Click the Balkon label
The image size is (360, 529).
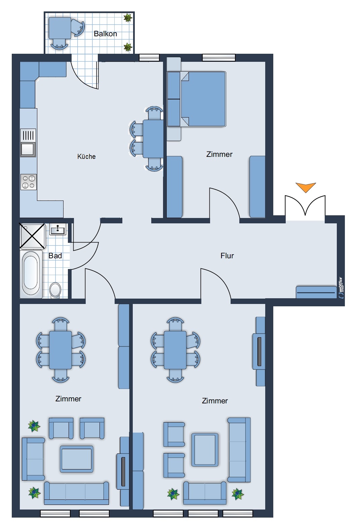105,34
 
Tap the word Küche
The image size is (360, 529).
86,156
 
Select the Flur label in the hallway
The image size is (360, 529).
227,256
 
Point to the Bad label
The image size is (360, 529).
55,256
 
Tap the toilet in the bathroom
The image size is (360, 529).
55,290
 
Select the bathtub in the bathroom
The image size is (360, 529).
31,274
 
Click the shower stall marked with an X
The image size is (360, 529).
32,236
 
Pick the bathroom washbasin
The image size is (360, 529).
58,229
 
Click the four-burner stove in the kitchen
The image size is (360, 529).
28,182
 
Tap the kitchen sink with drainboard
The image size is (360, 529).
28,143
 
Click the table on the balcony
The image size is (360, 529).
60,28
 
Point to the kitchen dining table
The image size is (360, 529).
153,139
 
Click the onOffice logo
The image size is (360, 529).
341,288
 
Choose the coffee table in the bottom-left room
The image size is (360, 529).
76,459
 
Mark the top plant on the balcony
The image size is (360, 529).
128,18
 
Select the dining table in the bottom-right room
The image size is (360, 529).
175,350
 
